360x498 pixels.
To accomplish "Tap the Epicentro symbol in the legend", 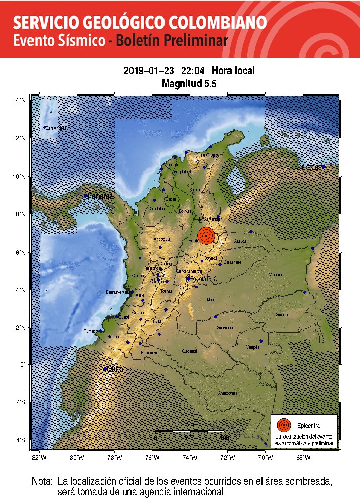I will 284,425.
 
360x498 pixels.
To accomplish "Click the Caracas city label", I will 309,167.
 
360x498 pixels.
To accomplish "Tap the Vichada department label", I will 276,275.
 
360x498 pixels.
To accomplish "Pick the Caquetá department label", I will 189,351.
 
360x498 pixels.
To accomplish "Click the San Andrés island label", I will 55,128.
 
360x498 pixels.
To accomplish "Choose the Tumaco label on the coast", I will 91,331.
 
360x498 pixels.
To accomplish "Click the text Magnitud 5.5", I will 189,84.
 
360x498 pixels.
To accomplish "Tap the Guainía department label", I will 283,315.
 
